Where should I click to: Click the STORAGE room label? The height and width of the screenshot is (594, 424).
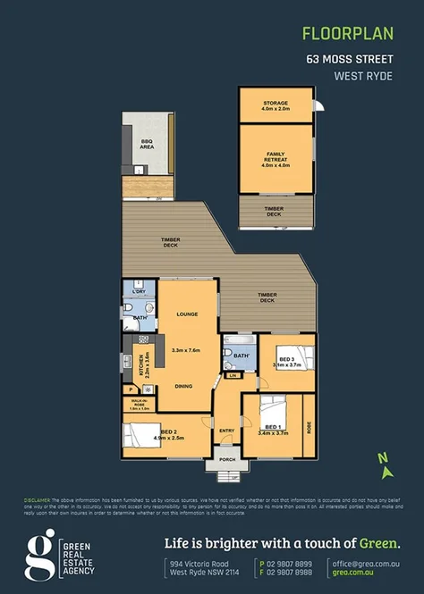276,105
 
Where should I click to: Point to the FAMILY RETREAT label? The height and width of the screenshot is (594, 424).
276,156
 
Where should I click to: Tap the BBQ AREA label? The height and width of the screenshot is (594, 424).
147,144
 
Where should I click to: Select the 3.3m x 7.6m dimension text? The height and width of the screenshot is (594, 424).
187,350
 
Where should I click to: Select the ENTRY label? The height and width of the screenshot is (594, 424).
227,431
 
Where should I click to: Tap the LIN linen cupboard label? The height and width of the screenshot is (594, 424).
233,376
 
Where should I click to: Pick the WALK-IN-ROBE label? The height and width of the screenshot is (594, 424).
140,403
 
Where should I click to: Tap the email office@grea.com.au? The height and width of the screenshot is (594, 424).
360,565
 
